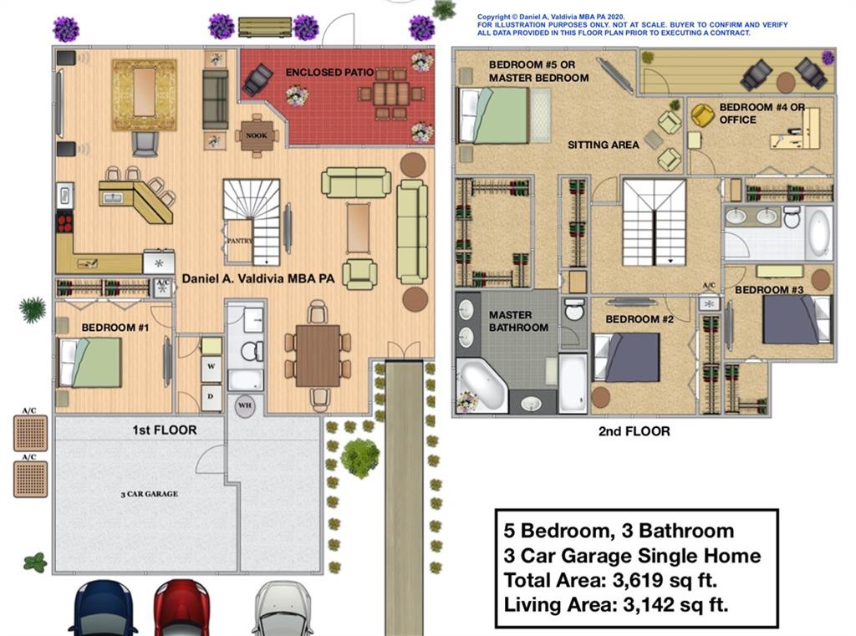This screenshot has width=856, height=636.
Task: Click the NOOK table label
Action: point(257,135)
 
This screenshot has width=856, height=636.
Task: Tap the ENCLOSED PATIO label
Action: point(329,72)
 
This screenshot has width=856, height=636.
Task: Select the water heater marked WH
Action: point(245,405)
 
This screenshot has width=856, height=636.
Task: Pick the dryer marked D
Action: point(211,398)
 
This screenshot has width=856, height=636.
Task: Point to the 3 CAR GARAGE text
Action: point(150,494)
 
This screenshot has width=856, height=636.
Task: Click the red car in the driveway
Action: point(181,607)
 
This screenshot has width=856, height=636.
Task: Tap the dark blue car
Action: point(103,608)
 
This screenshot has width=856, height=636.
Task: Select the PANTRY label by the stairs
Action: point(239,240)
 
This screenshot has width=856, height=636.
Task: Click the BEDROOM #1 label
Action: point(115,328)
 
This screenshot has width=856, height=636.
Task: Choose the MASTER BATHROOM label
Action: point(518,321)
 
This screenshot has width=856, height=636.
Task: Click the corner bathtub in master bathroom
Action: point(482,384)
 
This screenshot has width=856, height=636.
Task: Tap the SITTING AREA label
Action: point(603,145)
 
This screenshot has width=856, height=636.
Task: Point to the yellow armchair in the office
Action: point(702,115)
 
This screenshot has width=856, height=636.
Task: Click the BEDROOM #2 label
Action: point(639,319)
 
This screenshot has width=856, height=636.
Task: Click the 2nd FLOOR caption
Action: point(634,431)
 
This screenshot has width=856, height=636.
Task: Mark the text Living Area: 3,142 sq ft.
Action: point(616,605)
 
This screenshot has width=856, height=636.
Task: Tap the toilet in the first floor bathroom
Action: point(252,351)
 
